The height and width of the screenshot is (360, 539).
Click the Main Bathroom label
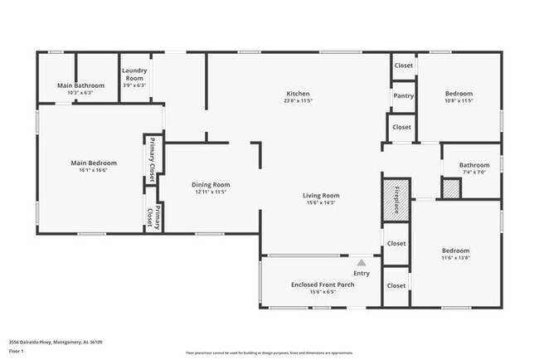[80, 85]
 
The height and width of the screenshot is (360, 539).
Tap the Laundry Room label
[134, 75]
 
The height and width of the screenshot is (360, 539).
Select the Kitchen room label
[298, 93]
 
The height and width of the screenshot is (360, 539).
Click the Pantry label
[403, 96]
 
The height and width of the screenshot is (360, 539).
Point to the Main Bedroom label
[94, 163]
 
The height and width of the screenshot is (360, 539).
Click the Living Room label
[322, 196]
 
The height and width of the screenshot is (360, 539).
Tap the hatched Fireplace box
[396, 199]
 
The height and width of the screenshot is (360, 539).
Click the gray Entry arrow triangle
[361, 262]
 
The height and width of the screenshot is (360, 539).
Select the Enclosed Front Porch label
[323, 285]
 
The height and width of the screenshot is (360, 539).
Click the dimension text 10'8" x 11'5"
[458, 101]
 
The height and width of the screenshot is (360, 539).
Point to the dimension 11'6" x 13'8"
[455, 258]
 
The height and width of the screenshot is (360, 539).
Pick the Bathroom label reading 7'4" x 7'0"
[474, 172]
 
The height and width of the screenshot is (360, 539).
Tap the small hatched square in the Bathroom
[450, 189]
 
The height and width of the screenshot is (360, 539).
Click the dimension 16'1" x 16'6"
[94, 170]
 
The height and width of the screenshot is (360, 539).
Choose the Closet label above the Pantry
[403, 66]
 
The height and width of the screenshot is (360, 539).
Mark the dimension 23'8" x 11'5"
[298, 100]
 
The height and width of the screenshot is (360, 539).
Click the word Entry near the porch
[362, 273]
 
